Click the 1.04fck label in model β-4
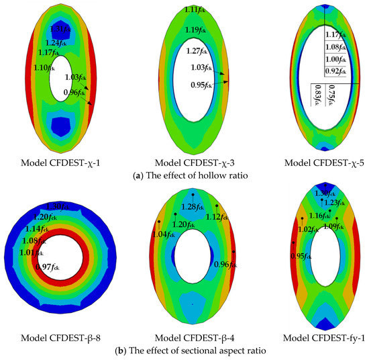pos(164,234)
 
